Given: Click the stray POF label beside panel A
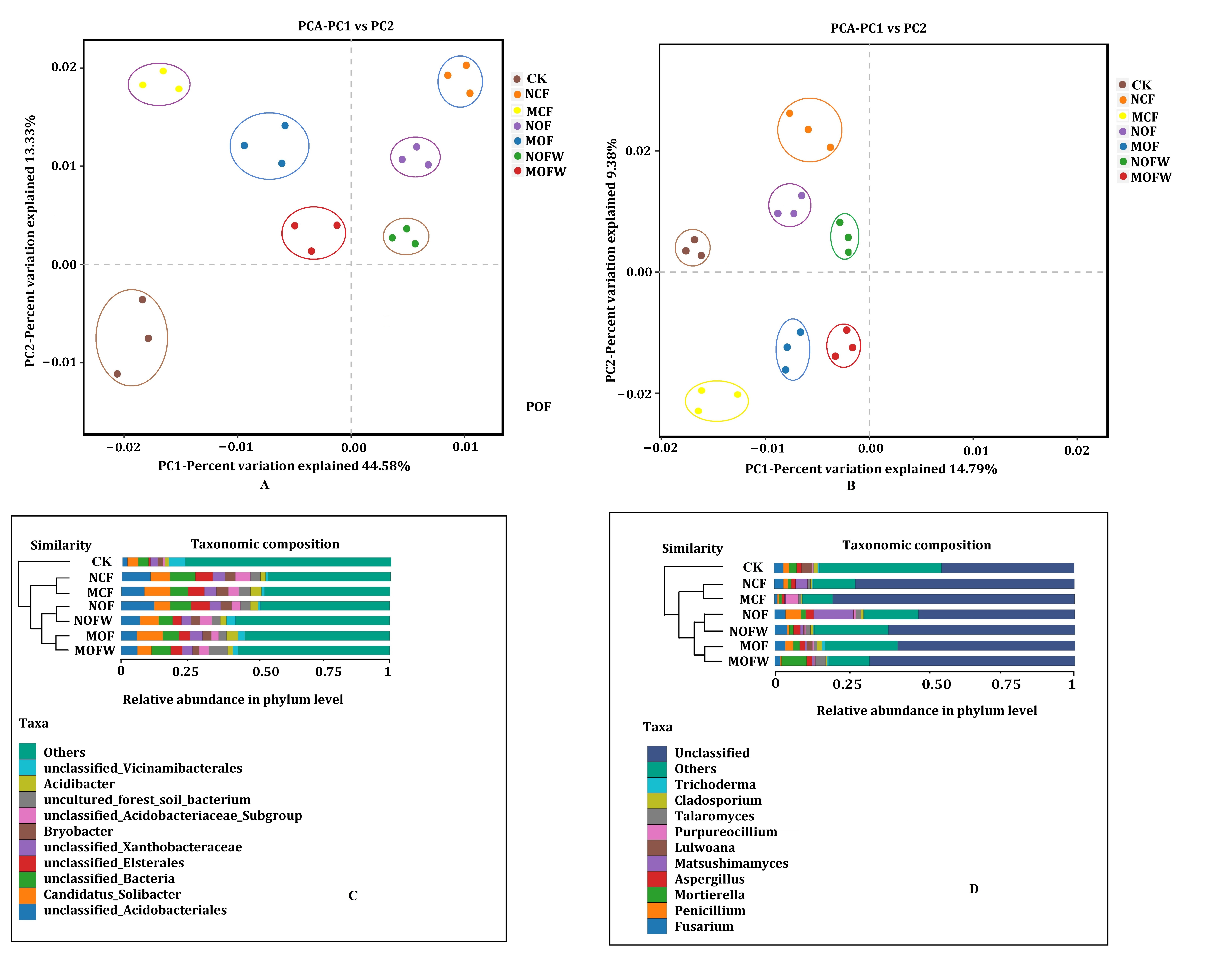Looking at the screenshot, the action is click(538, 407).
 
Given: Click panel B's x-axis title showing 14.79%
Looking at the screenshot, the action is click(871, 469).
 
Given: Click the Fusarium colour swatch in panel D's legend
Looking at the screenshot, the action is click(657, 926).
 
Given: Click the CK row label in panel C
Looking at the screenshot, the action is click(102, 561).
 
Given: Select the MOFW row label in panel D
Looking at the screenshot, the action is click(748, 661).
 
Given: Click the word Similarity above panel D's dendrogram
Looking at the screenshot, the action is click(692, 548).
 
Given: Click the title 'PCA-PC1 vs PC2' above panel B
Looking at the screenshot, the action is click(878, 28).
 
